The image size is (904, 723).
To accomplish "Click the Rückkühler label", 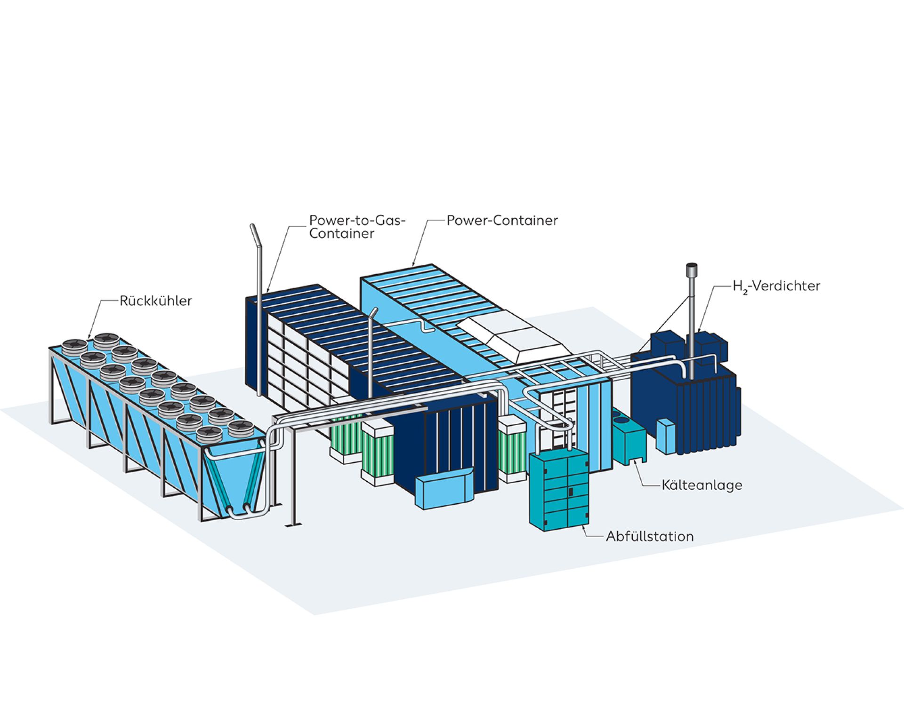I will point(156,301).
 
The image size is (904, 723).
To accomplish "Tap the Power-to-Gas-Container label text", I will point(357,227).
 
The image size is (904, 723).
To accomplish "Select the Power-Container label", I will point(502,221).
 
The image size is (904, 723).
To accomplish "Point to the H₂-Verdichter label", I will point(776,286).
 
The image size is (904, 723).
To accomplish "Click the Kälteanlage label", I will point(702,485).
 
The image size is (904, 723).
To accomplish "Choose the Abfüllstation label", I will point(650,537).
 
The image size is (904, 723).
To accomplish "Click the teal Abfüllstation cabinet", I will point(559,490).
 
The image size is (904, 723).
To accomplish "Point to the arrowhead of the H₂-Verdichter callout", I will point(700,330).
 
